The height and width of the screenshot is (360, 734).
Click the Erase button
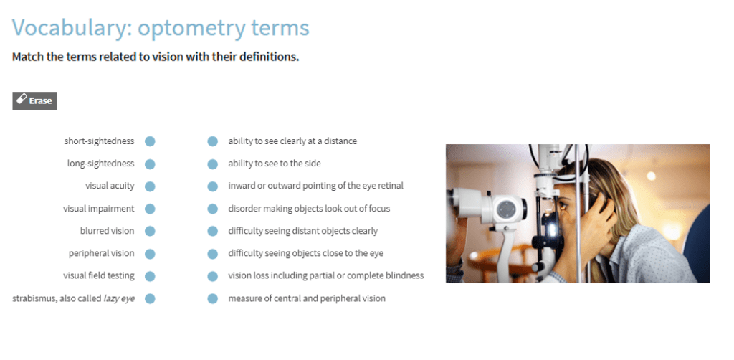[34, 100]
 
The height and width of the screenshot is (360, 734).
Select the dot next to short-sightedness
[150, 141]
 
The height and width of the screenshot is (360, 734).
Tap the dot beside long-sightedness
[150, 164]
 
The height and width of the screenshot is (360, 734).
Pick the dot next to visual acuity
[150, 186]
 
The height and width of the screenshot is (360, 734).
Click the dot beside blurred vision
[150, 231]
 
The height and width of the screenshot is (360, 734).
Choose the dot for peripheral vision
[150, 254]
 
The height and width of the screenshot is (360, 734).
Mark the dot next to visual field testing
[150, 276]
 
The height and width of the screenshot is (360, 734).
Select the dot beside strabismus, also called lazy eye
[150, 298]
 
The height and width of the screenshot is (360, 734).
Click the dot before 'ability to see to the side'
[212, 164]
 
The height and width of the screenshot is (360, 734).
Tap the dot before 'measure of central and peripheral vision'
[212, 298]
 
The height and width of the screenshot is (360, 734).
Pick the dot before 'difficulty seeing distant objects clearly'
[212, 231]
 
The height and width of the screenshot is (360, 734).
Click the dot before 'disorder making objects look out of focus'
[212, 209]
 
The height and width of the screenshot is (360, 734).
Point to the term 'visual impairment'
[98, 209]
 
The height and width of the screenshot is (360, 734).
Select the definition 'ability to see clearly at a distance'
[292, 141]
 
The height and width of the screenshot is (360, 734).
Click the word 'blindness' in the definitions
[404, 276]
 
